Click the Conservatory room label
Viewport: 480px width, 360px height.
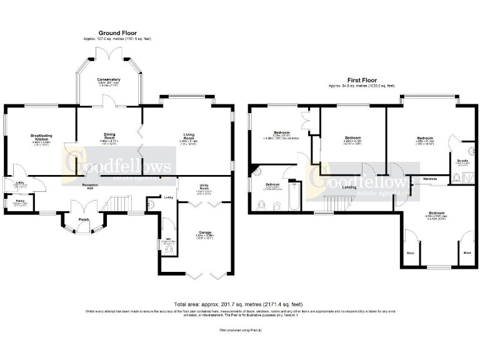pyautogui.click(x=108, y=79)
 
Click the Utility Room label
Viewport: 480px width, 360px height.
pyautogui.click(x=204, y=186)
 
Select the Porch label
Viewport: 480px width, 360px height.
pyautogui.click(x=83, y=221)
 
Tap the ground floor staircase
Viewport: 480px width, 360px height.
pyautogui.click(x=119, y=204)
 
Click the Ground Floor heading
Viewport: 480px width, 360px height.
pyautogui.click(x=117, y=33)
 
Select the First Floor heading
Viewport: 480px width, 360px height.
pyautogui.click(x=362, y=80)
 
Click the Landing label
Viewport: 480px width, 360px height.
pyautogui.click(x=349, y=187)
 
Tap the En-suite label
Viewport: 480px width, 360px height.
pyautogui.click(x=462, y=161)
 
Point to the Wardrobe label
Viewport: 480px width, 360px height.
pyautogui.click(x=429, y=179)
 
